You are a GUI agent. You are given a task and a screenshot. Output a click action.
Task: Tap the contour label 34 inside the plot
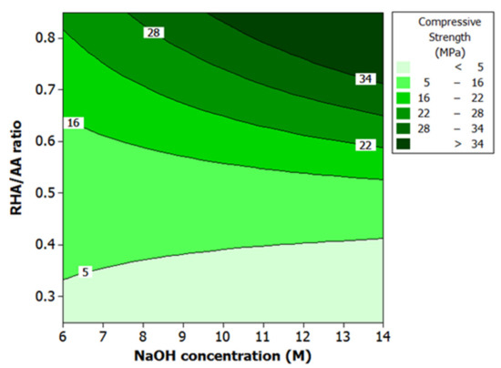click(x=366, y=79)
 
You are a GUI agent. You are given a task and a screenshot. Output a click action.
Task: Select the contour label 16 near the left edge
click(x=74, y=123)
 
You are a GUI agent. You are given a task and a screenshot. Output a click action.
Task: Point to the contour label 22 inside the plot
click(x=366, y=145)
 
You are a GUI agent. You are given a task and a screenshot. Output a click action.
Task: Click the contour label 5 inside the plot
click(x=85, y=271)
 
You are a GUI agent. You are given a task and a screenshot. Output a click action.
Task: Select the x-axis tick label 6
click(x=64, y=338)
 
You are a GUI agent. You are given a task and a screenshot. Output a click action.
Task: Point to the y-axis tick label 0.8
click(x=45, y=37)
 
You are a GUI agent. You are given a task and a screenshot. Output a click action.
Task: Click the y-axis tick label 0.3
click(x=45, y=297)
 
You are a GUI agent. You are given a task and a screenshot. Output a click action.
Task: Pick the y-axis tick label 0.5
click(x=45, y=193)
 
